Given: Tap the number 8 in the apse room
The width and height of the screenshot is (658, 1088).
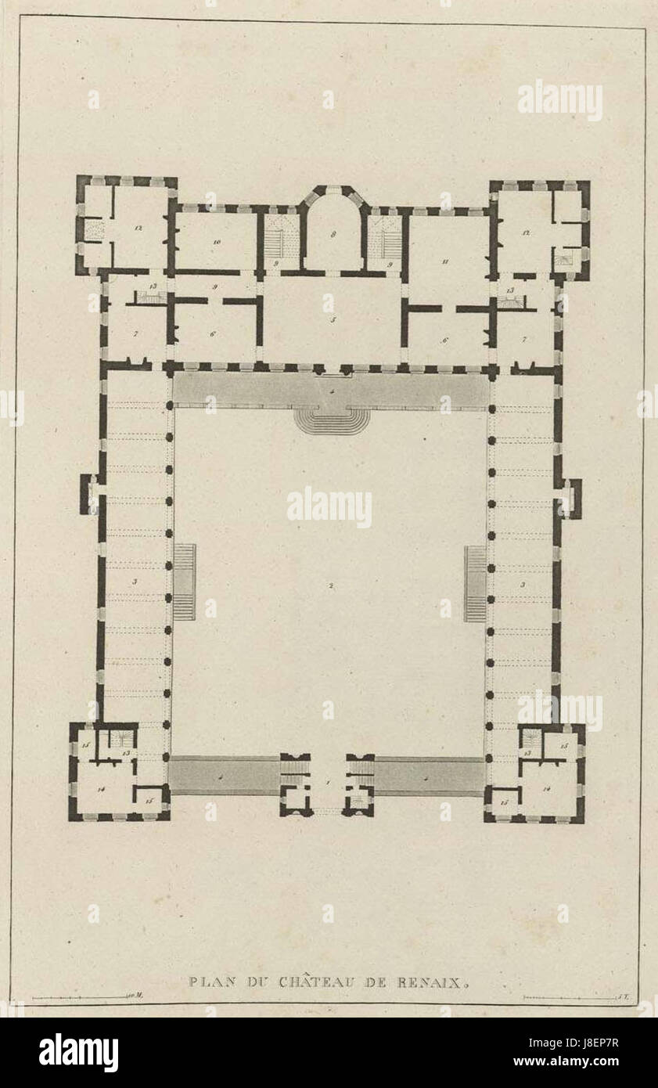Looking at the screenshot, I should [x=333, y=235].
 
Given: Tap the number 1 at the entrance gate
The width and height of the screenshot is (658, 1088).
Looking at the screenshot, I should [x=329, y=783].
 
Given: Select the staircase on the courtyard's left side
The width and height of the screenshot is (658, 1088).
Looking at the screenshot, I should [x=184, y=582].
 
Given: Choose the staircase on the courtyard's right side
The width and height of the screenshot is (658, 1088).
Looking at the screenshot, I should [x=475, y=584].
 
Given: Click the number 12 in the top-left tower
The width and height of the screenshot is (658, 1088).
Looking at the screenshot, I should [x=137, y=228].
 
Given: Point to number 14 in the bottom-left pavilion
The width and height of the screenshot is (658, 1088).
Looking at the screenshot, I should [x=102, y=789].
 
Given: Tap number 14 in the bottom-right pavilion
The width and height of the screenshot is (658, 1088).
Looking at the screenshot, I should [x=559, y=789].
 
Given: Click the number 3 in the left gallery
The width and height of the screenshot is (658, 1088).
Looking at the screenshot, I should [x=135, y=581].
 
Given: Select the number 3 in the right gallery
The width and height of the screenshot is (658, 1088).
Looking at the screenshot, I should [x=523, y=584].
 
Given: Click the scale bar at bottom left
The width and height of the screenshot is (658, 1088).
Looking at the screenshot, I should [x=79, y=998].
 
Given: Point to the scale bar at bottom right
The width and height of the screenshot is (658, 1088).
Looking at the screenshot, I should [x=565, y=998].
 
